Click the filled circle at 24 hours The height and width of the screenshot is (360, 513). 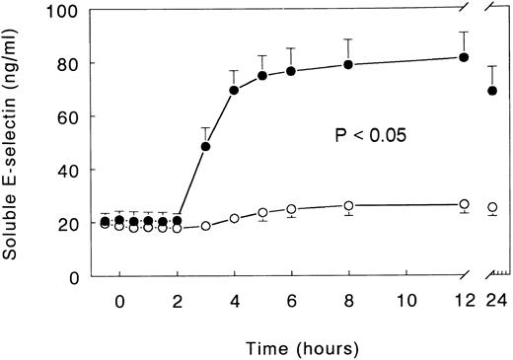click(x=492, y=92)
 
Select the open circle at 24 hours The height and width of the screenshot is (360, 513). click(x=492, y=208)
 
